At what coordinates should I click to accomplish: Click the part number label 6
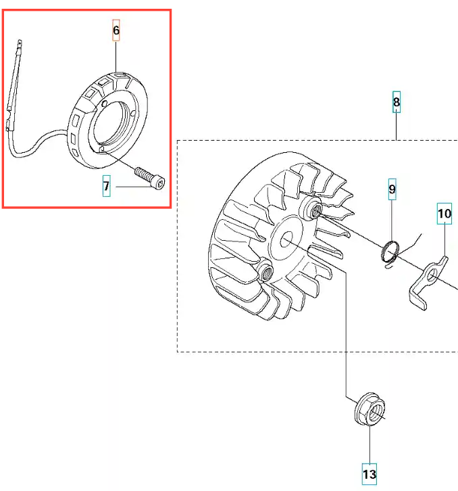pos(116,30)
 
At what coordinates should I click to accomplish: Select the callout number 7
pos(106,186)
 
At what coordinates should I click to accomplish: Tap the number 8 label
pos(396,101)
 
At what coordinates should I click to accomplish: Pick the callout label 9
pos(392,189)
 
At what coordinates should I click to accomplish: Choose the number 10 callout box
pos(444,214)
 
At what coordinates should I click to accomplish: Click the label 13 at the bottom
pos(369,474)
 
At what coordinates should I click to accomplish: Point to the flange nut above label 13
pos(370,409)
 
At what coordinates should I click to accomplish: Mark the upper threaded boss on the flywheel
pos(311,208)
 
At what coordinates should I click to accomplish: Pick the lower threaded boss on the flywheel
pos(265,271)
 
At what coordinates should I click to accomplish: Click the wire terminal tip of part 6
pos(20,44)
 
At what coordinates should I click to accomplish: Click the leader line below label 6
pos(116,57)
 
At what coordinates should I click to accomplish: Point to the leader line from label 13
pos(370,444)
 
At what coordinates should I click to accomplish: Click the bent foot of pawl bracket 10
pos(418,299)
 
